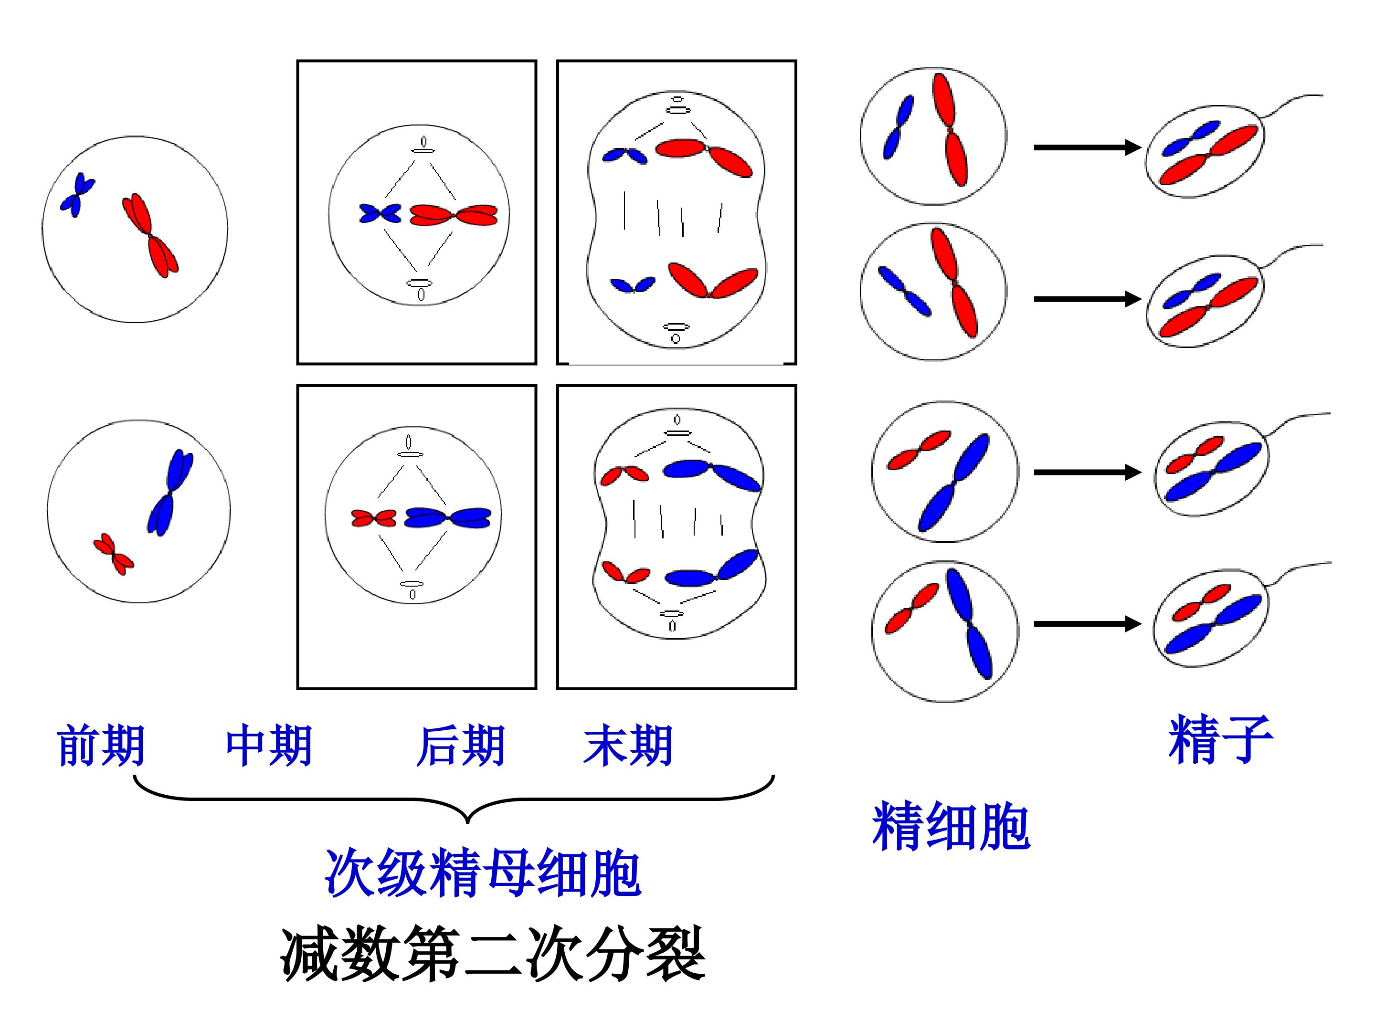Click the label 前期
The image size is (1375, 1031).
tap(101, 745)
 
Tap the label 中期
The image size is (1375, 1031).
tap(268, 745)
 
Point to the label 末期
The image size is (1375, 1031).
tap(628, 745)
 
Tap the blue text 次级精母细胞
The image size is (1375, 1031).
tap(482, 873)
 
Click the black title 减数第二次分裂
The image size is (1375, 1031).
tap(493, 954)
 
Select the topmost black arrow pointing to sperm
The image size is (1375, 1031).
tap(1087, 147)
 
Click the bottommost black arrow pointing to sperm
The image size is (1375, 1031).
tap(1087, 624)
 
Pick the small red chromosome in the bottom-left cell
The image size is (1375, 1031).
tap(114, 554)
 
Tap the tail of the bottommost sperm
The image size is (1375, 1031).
tap(1299, 572)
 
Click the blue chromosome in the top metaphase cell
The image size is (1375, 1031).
tap(381, 214)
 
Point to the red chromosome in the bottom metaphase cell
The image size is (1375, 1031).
tap(373, 518)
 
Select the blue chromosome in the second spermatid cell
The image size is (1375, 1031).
tap(904, 292)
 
